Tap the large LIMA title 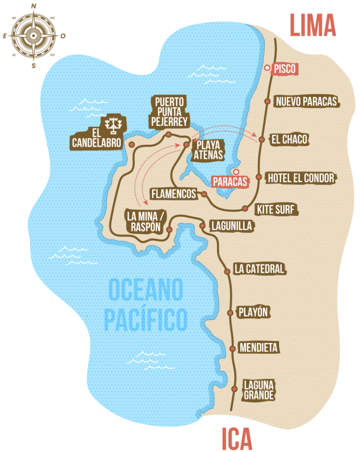tap(313, 26)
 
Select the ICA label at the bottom tap(237, 439)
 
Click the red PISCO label tap(285, 69)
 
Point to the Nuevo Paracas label tap(306, 102)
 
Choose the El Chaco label tap(289, 139)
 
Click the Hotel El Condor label tap(301, 178)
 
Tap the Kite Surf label tap(277, 209)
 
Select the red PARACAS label tap(229, 181)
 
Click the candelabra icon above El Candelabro tap(114, 124)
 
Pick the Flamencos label tap(173, 193)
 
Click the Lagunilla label tap(232, 226)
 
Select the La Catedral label tap(259, 268)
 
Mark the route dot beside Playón tap(230, 313)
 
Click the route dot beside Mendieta tap(232, 349)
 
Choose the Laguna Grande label tap(259, 389)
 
